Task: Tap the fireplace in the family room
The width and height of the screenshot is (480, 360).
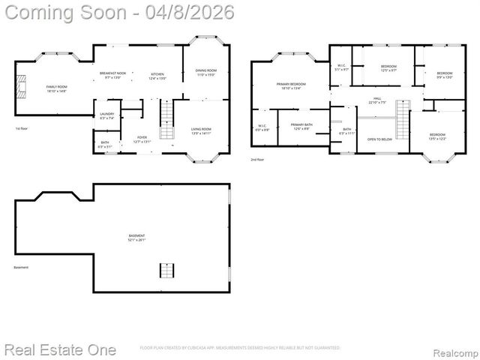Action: point(23,87)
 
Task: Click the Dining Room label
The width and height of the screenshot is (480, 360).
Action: point(205,72)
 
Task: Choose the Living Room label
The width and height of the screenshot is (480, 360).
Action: point(201,130)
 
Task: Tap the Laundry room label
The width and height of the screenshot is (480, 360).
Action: point(106,115)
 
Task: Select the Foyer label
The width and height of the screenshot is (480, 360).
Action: point(142,139)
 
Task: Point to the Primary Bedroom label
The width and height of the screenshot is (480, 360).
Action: point(291,85)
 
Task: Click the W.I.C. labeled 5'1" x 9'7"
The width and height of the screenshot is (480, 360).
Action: point(340,67)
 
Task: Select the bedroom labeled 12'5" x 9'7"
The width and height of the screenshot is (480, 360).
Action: point(388,68)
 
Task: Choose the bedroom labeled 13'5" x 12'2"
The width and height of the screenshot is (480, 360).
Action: point(437,136)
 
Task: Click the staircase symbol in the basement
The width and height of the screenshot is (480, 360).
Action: point(166,270)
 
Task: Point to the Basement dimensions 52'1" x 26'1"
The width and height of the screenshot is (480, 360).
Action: point(136,240)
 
